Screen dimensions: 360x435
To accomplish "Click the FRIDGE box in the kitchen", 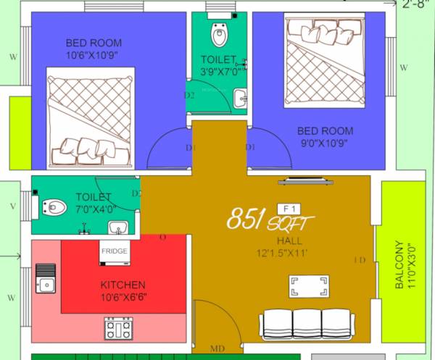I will point(115,251).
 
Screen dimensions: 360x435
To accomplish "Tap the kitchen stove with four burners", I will point(119,329).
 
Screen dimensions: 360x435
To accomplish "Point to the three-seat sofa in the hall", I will point(307,325).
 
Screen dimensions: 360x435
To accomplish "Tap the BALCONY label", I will point(399,264).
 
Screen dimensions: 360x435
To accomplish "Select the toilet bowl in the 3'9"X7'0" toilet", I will point(218,33).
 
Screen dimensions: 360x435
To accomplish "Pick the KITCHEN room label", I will point(123,285).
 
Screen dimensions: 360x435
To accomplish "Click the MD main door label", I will point(217,350).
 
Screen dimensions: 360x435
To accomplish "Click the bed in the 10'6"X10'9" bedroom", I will point(91,116).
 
